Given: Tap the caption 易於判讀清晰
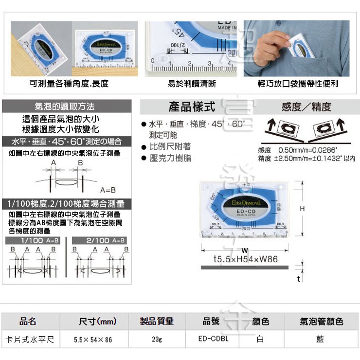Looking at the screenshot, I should [x=192, y=84].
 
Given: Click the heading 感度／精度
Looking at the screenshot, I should [x=306, y=107].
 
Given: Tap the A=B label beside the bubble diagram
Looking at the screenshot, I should [x=108, y=190].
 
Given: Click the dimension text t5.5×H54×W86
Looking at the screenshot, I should [x=246, y=259].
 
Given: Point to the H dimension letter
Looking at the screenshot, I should [x=302, y=208].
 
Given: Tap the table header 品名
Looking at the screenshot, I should [x=28, y=322].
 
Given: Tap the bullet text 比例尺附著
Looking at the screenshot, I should [x=170, y=146].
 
